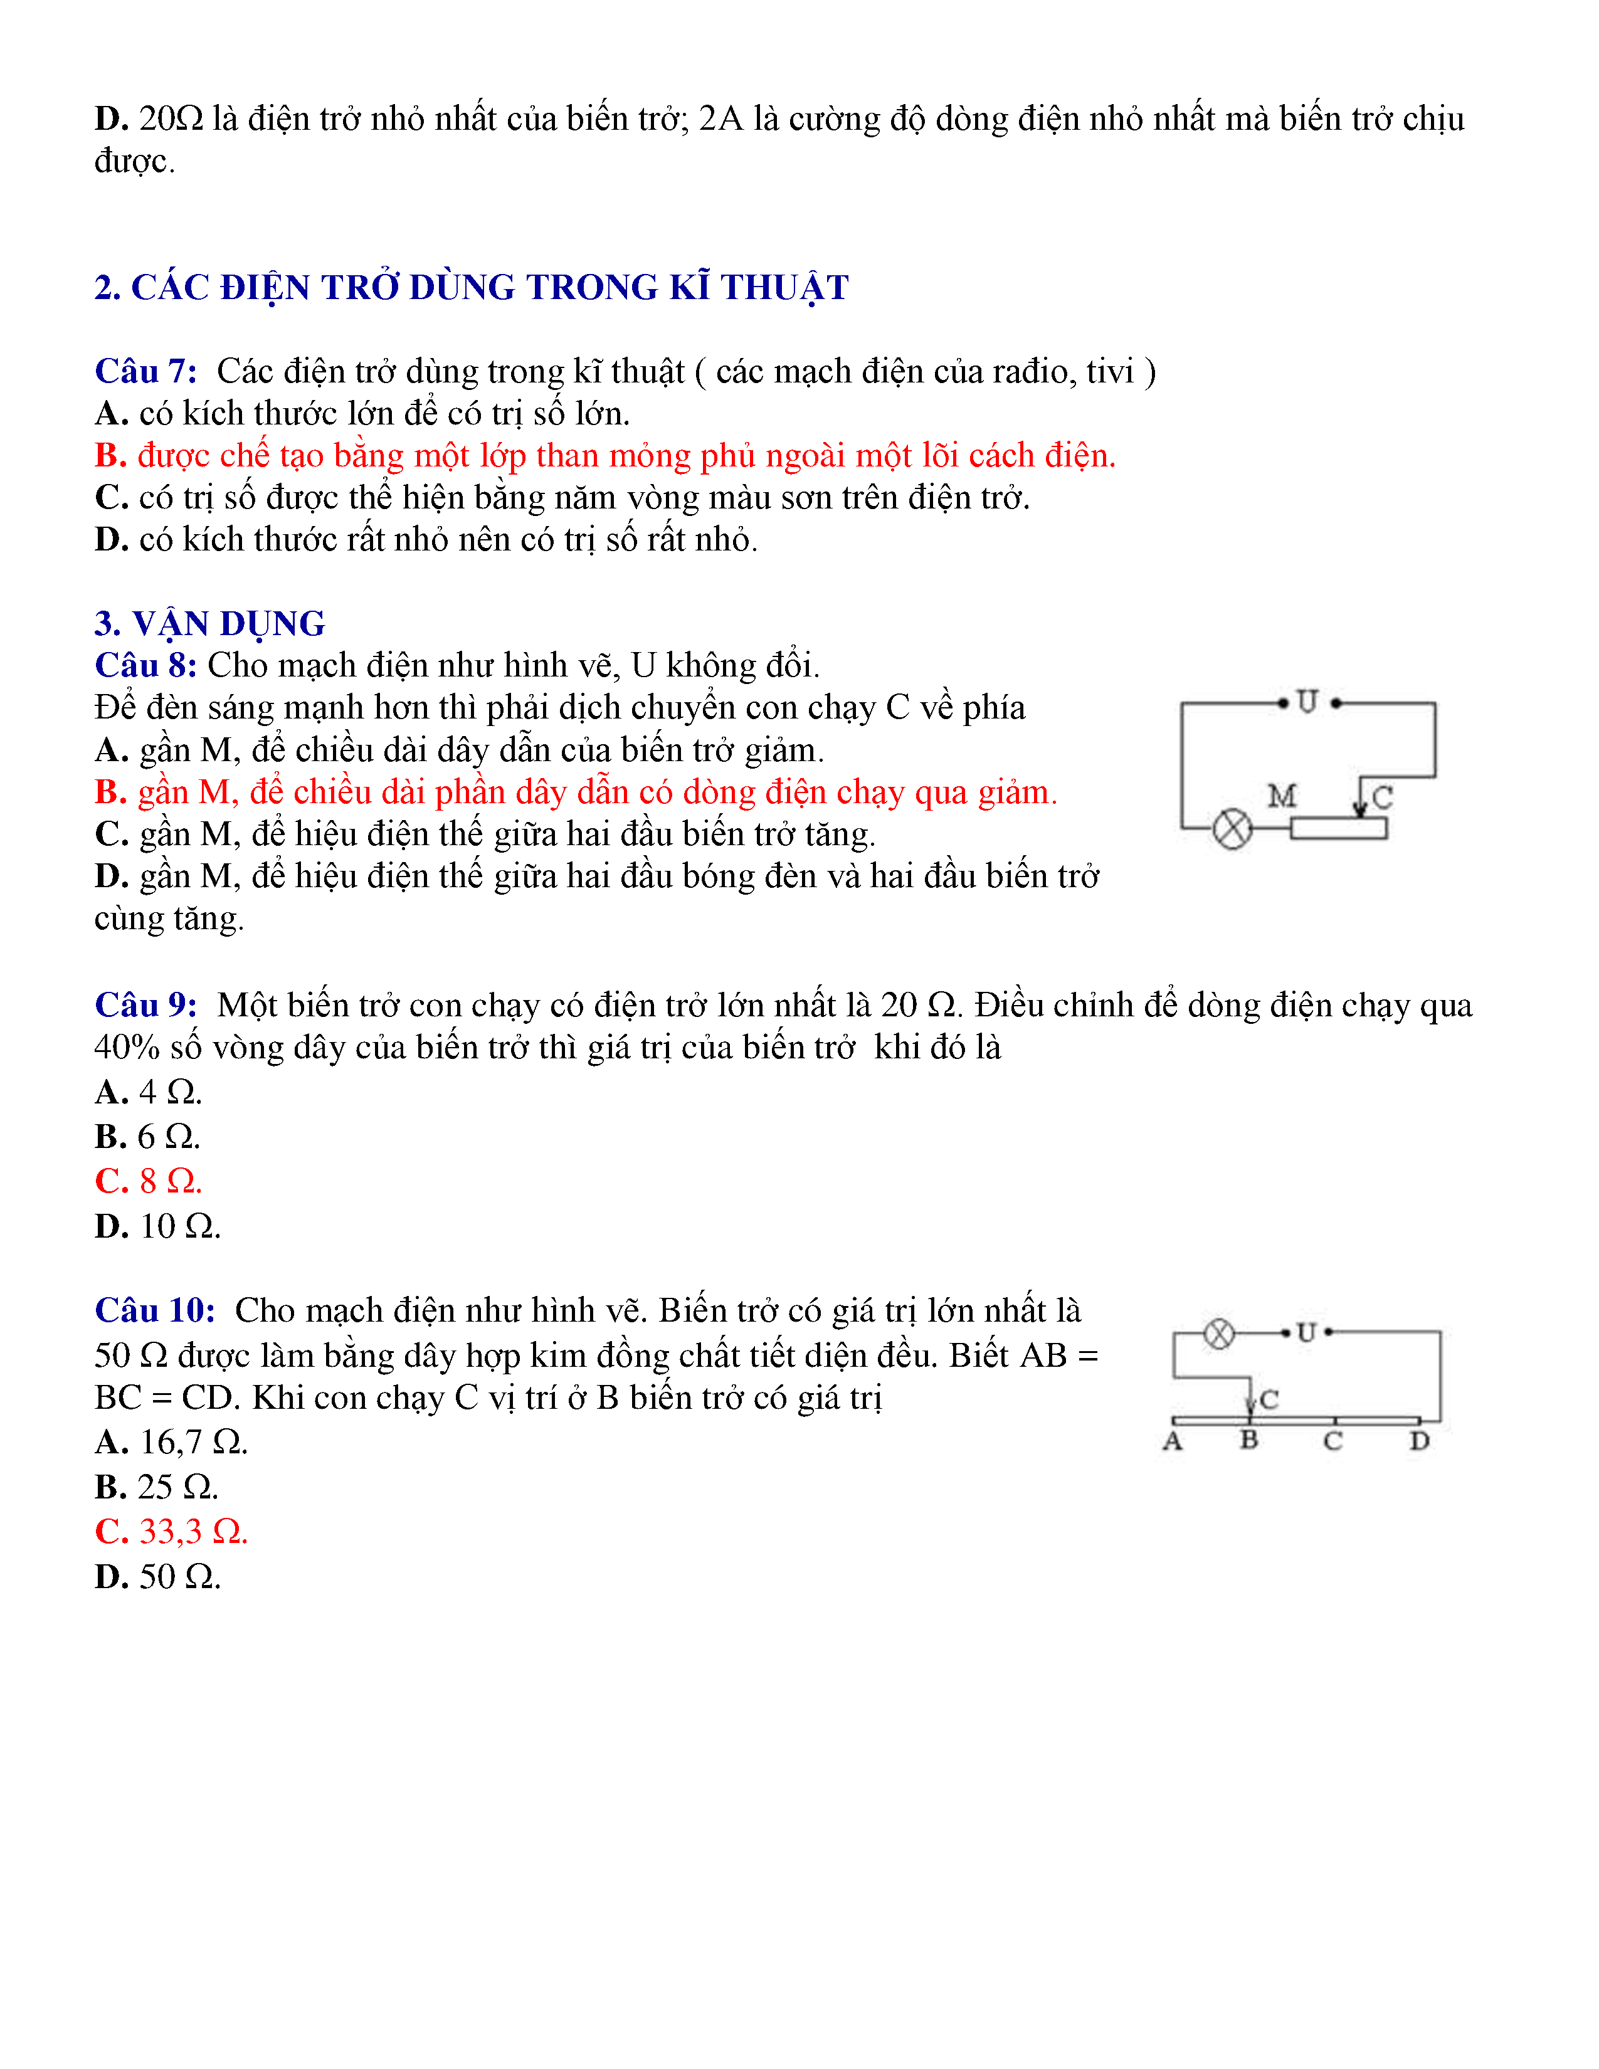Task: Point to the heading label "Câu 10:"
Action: [154, 1310]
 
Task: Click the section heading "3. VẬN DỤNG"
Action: [209, 623]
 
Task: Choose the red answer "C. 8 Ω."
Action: [149, 1181]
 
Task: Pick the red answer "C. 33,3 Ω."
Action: [171, 1532]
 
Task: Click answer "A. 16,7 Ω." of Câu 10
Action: [171, 1442]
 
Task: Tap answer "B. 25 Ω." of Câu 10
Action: [156, 1487]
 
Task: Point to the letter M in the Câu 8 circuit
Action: [1282, 796]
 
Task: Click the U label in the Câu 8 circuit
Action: [1307, 702]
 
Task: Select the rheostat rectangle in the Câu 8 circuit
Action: [1339, 828]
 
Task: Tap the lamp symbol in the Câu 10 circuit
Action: [1219, 1334]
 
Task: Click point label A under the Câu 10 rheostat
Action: [1173, 1441]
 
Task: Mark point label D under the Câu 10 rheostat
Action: [1419, 1441]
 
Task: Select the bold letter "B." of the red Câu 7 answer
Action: [111, 456]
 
